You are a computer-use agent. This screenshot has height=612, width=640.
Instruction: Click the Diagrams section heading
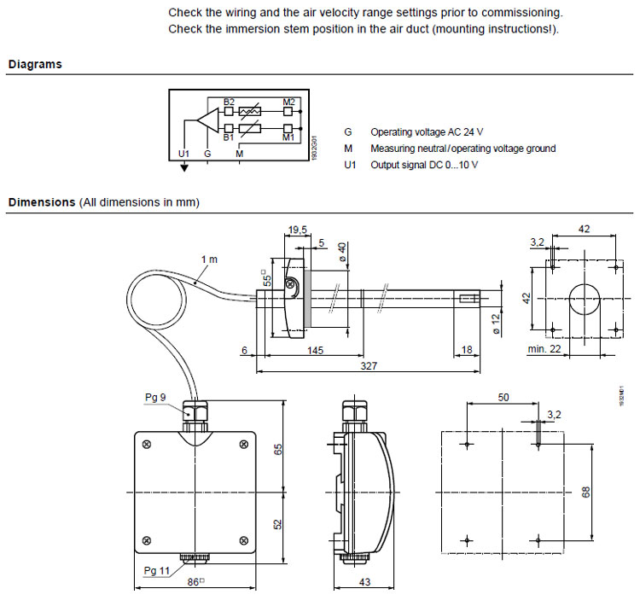pos(35,64)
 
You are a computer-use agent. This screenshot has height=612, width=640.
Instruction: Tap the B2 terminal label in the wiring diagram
pos(229,102)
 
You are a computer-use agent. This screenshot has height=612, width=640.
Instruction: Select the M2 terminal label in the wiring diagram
pos(288,102)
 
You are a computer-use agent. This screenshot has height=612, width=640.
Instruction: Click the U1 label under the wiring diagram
pos(183,154)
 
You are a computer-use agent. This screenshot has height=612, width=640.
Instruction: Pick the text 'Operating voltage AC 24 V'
pos(427,132)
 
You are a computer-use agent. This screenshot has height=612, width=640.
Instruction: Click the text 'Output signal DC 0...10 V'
pos(424,164)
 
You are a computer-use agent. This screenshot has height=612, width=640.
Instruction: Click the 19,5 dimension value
pos(297,230)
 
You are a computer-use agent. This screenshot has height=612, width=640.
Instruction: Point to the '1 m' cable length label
pos(209,258)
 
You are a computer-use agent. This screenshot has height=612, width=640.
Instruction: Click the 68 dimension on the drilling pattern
pos(586,493)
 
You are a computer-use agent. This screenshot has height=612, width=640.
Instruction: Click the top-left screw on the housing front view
pos(148,444)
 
